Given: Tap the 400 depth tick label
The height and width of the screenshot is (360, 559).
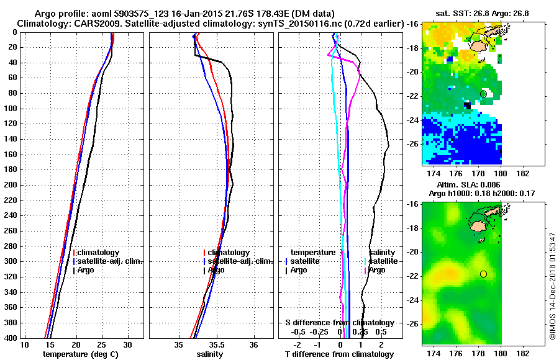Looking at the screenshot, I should (x=12, y=338).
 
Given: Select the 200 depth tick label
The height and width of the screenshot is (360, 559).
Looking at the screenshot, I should (x=12, y=185).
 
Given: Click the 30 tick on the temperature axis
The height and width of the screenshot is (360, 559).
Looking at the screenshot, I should (x=127, y=344).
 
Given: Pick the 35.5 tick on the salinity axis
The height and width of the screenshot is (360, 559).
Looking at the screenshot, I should (x=216, y=344).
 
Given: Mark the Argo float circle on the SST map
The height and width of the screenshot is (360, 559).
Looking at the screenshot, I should (x=483, y=94).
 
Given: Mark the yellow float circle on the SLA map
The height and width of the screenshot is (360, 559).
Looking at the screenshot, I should (x=483, y=274).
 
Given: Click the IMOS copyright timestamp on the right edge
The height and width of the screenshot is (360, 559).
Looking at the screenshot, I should (x=552, y=286).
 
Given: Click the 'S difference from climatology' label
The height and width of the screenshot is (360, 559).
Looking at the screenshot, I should (x=339, y=323).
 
